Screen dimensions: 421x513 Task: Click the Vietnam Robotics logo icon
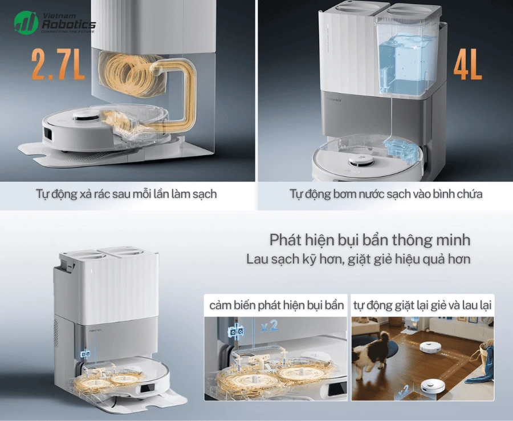26,22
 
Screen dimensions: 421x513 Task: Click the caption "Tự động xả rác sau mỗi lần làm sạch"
126,194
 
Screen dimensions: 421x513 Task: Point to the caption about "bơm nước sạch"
386,194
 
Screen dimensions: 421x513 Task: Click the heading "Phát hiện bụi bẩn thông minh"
370,238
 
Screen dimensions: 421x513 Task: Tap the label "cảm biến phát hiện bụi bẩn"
276,305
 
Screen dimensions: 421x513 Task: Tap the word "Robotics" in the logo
69,25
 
